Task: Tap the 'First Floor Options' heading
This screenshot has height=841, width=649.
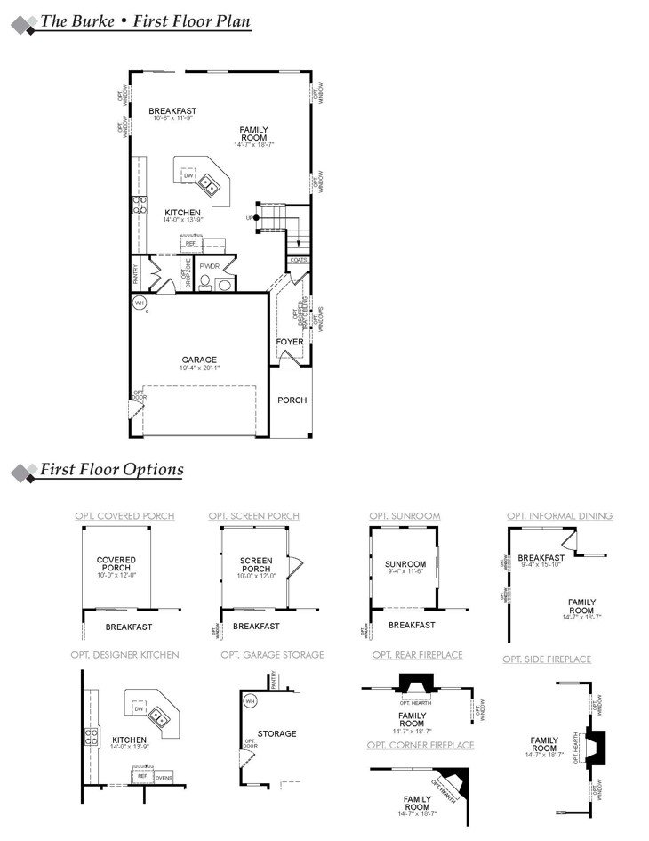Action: coord(112,470)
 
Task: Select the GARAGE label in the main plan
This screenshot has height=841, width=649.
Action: coord(199,360)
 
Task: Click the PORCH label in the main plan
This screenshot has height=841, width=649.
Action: coord(292,400)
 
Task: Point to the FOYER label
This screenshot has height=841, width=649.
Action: coord(290,342)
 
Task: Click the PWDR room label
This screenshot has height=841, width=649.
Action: coord(210,266)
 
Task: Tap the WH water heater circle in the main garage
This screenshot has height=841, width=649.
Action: coord(140,303)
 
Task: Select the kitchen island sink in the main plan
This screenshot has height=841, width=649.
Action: coord(209,184)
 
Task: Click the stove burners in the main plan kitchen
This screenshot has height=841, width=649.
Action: coord(140,206)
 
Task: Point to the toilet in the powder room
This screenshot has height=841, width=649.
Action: coord(204,282)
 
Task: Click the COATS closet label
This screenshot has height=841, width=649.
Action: coord(299,261)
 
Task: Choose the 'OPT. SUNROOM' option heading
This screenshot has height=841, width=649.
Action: coord(405,516)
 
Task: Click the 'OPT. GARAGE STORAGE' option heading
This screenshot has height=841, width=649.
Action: coord(272,655)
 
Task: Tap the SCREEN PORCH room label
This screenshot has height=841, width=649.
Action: coord(256,564)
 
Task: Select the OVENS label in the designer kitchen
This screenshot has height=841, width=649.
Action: coord(164,778)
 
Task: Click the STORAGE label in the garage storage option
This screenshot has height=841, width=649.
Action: coord(276,734)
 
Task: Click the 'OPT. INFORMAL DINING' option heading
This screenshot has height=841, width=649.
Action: coord(559,516)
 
